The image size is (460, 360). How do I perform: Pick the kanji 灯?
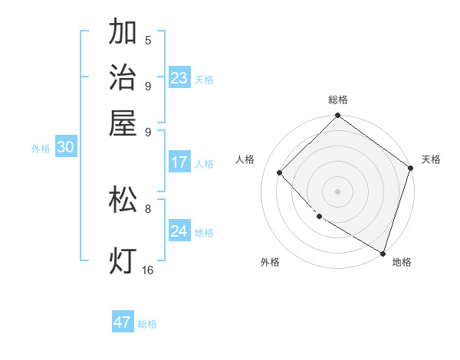(123, 260)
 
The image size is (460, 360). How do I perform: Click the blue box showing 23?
(179, 78)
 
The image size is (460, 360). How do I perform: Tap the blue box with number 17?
(179, 162)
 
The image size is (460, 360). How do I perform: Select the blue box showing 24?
(179, 231)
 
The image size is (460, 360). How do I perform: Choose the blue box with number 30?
(65, 148)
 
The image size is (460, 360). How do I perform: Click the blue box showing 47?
(123, 322)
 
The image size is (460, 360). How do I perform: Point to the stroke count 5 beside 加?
(148, 41)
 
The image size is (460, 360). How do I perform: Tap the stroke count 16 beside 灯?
(148, 270)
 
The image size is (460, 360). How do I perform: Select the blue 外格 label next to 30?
(41, 149)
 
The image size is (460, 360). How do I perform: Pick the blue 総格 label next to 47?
(147, 324)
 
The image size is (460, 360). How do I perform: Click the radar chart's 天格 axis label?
(431, 159)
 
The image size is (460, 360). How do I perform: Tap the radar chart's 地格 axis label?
(402, 262)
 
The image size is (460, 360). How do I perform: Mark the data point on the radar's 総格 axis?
(337, 116)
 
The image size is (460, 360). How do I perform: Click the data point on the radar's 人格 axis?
(280, 172)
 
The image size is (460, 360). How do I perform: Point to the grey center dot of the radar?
(337, 191)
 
